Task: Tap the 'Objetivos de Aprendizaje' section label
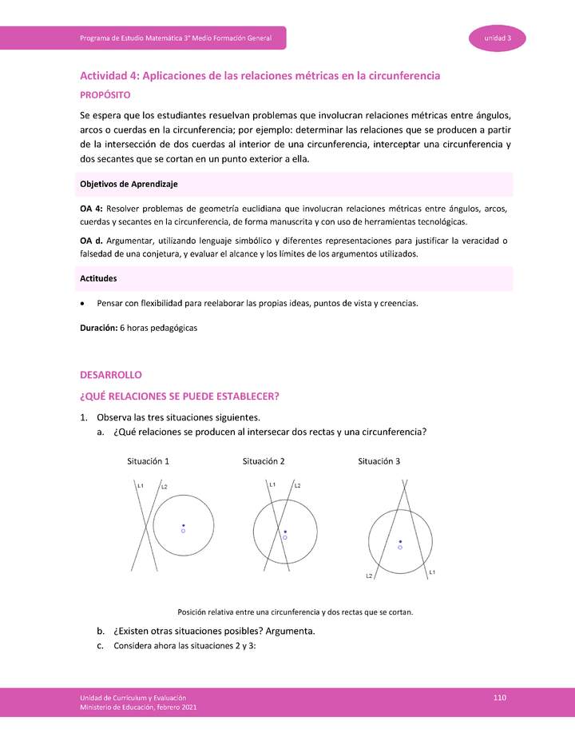click(129, 184)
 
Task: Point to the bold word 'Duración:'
click(98, 328)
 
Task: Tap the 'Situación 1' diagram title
click(148, 461)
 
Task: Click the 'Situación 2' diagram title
click(264, 461)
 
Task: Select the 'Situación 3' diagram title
click(379, 461)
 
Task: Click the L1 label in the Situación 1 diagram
click(140, 485)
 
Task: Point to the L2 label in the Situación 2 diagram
click(296, 486)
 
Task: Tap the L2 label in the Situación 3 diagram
click(369, 576)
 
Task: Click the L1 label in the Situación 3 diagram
click(432, 572)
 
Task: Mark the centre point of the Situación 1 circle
click(183, 526)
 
